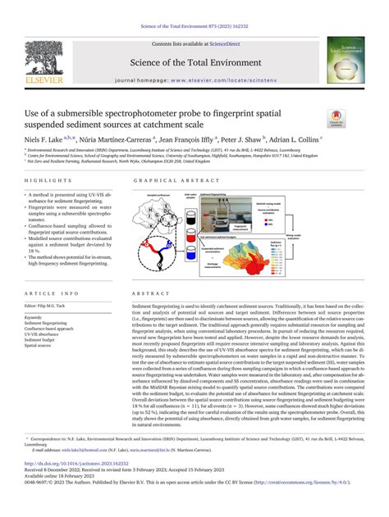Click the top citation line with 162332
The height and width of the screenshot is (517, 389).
(194, 7)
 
